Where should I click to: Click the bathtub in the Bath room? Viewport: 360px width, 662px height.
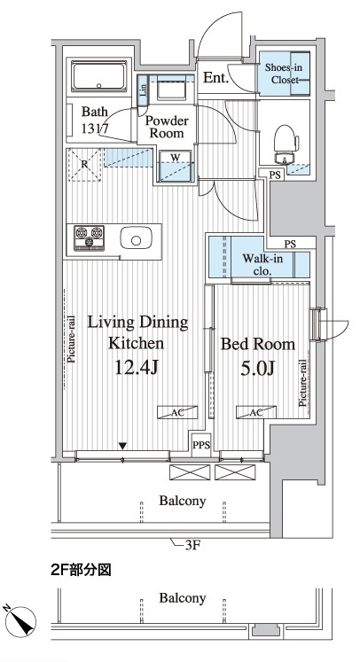(x=99, y=76)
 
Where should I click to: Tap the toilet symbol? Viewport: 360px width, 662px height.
(x=286, y=144)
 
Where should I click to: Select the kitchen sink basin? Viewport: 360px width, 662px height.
(x=136, y=239)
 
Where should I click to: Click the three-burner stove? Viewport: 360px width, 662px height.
(x=89, y=238)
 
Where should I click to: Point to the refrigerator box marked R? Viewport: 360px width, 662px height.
(x=84, y=165)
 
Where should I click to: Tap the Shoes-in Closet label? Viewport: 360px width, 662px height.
(x=281, y=74)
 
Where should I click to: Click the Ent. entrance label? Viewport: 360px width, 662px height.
(x=216, y=77)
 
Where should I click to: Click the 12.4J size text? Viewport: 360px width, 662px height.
(x=137, y=368)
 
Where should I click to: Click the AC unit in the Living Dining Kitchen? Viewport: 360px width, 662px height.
(x=177, y=412)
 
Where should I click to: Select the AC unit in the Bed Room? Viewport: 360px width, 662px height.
(x=256, y=412)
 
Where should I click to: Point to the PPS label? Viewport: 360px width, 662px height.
(x=201, y=445)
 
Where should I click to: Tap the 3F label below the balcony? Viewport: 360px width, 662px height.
(x=192, y=546)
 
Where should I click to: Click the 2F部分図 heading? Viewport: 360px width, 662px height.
(x=81, y=571)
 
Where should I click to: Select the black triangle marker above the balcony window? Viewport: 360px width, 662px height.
(x=122, y=446)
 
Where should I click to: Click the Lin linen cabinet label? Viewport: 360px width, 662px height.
(x=144, y=90)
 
